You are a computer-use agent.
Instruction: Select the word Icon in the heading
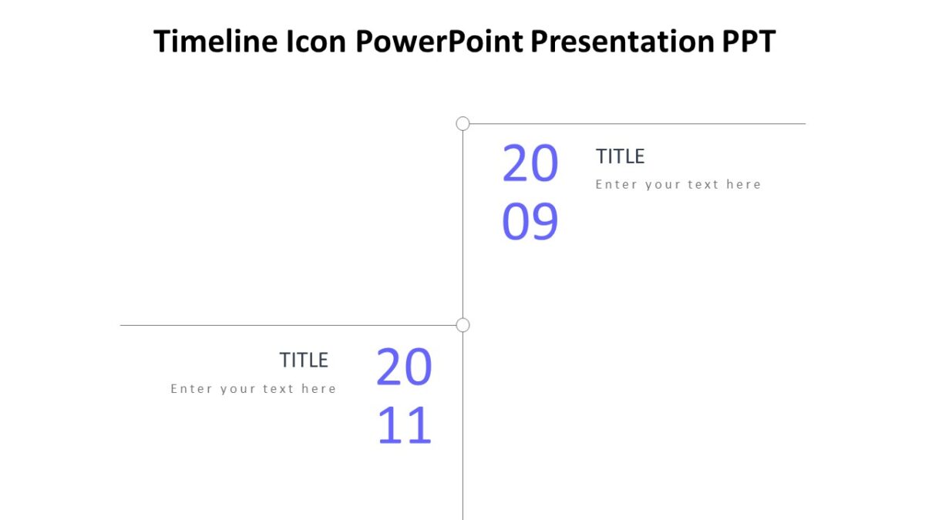(x=316, y=42)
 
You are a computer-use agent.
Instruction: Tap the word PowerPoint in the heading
(x=440, y=42)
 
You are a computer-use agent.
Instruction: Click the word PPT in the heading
(x=748, y=42)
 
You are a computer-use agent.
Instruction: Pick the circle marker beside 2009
(x=462, y=123)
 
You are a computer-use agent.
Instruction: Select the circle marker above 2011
(x=462, y=325)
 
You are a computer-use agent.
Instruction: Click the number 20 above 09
(x=530, y=164)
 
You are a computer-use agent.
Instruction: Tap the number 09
(x=530, y=222)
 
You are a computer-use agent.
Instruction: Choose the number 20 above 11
(x=405, y=367)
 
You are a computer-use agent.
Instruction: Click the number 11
(x=405, y=426)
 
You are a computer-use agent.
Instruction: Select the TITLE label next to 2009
(x=620, y=156)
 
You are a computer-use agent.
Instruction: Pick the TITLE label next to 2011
(x=304, y=360)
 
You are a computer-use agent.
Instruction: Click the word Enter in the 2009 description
(x=614, y=184)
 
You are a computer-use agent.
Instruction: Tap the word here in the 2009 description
(x=743, y=184)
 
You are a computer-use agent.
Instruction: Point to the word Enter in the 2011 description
(x=190, y=388)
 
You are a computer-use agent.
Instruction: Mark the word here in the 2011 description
(x=318, y=388)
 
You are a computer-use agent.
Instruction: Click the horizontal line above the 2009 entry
(x=640, y=123)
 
